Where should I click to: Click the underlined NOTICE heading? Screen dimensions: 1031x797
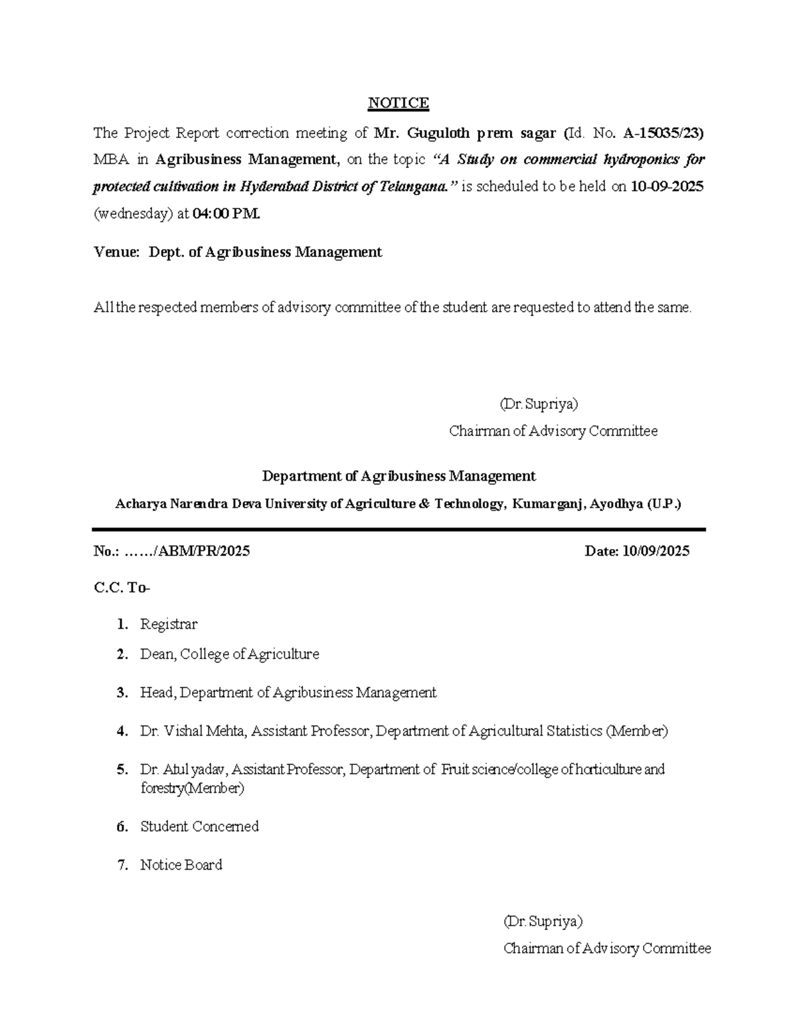point(398,103)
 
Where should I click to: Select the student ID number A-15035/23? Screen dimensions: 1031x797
point(664,133)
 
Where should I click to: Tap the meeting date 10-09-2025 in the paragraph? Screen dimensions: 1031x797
point(666,187)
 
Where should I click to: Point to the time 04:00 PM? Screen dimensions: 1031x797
point(226,214)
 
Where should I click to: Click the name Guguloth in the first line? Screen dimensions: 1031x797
point(437,133)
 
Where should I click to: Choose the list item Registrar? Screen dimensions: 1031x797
point(169,625)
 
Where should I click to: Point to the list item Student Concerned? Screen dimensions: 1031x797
point(199,827)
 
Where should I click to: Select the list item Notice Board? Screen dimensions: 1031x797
point(181,865)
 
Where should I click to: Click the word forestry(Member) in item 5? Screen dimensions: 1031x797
point(192,789)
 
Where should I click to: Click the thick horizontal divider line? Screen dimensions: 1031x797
point(398,530)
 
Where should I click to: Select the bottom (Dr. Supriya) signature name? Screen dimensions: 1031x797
point(543,921)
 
